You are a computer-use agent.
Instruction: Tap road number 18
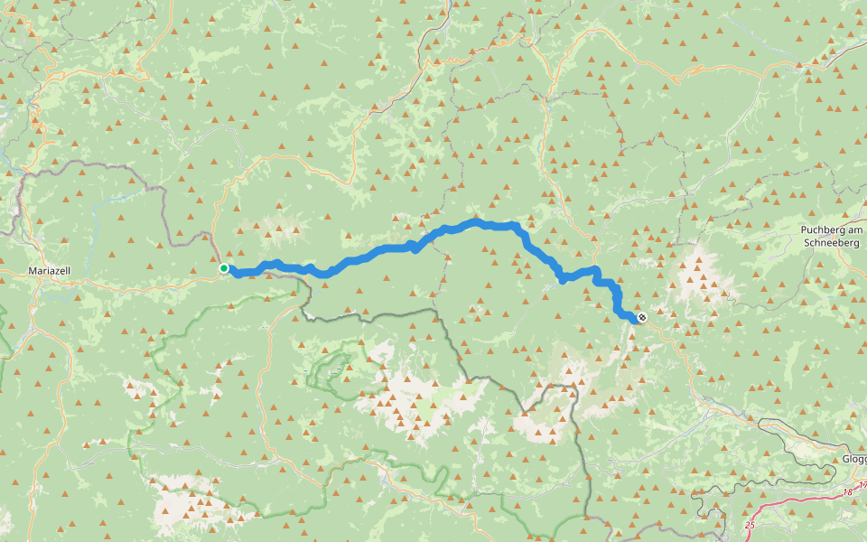[847, 491]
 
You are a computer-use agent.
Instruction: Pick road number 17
[862, 485]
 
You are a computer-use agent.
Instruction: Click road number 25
[750, 524]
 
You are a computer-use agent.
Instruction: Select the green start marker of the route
[224, 268]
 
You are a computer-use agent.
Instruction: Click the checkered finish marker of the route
[641, 317]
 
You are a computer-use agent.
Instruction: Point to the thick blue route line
[379, 250]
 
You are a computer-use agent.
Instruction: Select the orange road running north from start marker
[217, 217]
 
